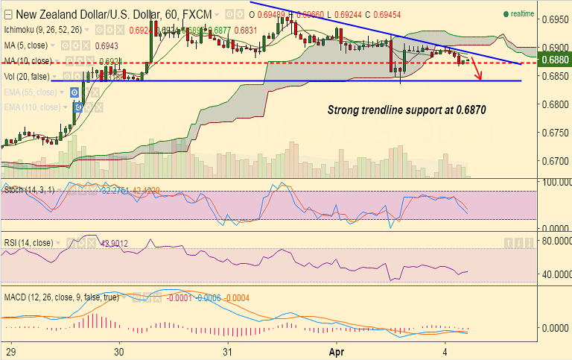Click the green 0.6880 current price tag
tap(554, 61)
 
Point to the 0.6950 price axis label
tap(554, 20)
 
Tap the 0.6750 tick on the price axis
tap(554, 132)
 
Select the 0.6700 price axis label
tap(554, 160)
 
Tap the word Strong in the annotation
tap(346, 110)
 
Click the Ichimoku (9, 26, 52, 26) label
tap(42, 30)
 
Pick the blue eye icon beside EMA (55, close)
tap(74, 92)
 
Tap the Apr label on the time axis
tap(337, 350)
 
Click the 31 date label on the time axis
tap(228, 350)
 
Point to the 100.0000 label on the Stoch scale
tap(554, 182)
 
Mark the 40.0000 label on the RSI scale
tap(554, 274)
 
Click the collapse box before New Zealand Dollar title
tap(8, 14)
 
